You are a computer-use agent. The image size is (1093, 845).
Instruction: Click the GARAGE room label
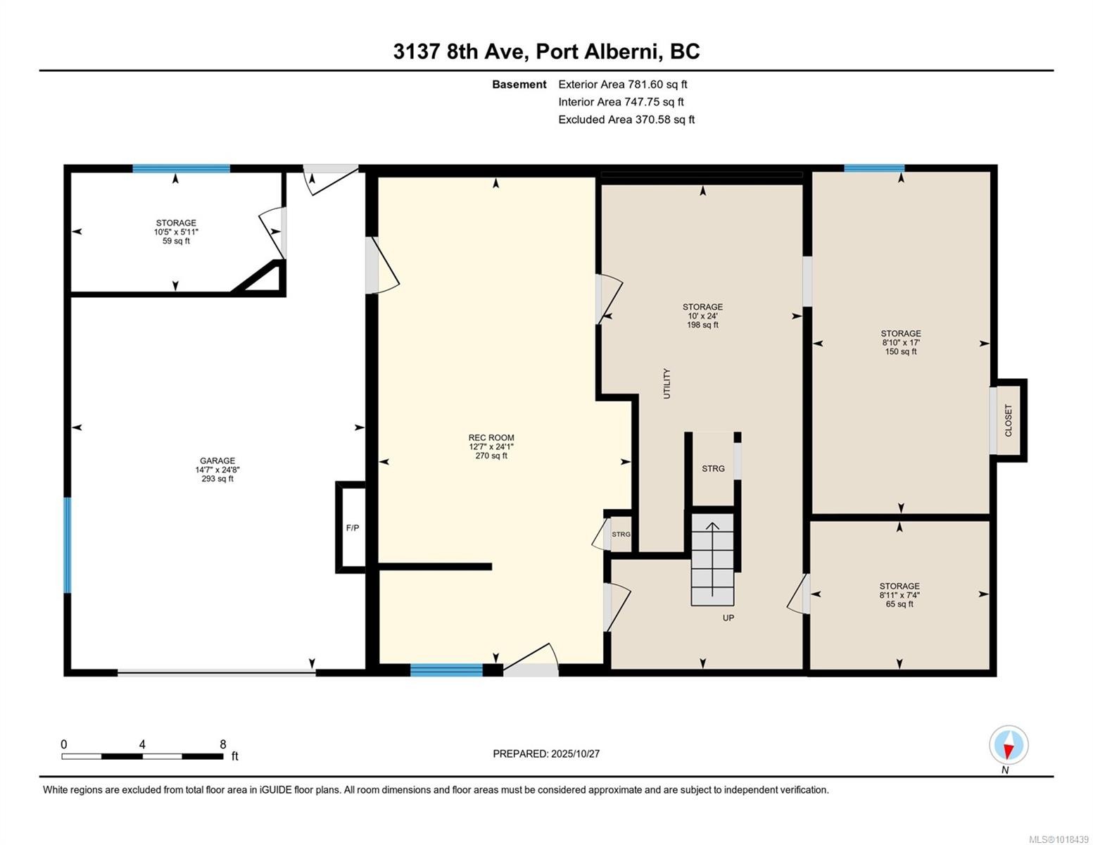point(217,461)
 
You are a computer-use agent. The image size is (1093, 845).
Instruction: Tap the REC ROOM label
point(491,438)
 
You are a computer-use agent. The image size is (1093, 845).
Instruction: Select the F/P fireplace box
point(352,527)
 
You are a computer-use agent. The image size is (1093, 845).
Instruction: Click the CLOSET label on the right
point(1008,420)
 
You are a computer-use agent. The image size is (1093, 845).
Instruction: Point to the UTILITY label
point(666,384)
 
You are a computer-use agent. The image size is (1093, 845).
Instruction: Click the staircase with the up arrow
point(712,559)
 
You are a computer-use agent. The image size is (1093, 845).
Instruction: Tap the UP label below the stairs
point(728,618)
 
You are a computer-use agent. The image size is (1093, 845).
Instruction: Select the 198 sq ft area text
point(702,325)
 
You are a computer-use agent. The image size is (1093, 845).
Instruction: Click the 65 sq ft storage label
point(899,604)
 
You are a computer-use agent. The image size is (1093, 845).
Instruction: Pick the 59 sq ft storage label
point(176,241)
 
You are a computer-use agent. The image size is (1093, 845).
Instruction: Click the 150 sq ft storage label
point(900,352)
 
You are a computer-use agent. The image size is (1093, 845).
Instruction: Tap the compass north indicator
point(1009,745)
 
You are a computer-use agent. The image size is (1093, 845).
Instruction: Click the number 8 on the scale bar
point(223,744)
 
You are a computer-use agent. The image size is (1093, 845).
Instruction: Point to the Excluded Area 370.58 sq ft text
point(626,120)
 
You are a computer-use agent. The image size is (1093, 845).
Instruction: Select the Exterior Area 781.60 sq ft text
point(622,84)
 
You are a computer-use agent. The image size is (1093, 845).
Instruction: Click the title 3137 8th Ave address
point(546,51)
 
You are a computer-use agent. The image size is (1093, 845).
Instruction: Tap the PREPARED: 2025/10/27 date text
point(546,753)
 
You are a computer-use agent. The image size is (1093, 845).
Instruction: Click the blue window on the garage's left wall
point(68,545)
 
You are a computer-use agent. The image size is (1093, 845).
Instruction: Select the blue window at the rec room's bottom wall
point(446,670)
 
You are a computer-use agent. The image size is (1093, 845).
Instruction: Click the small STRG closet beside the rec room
point(620,534)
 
